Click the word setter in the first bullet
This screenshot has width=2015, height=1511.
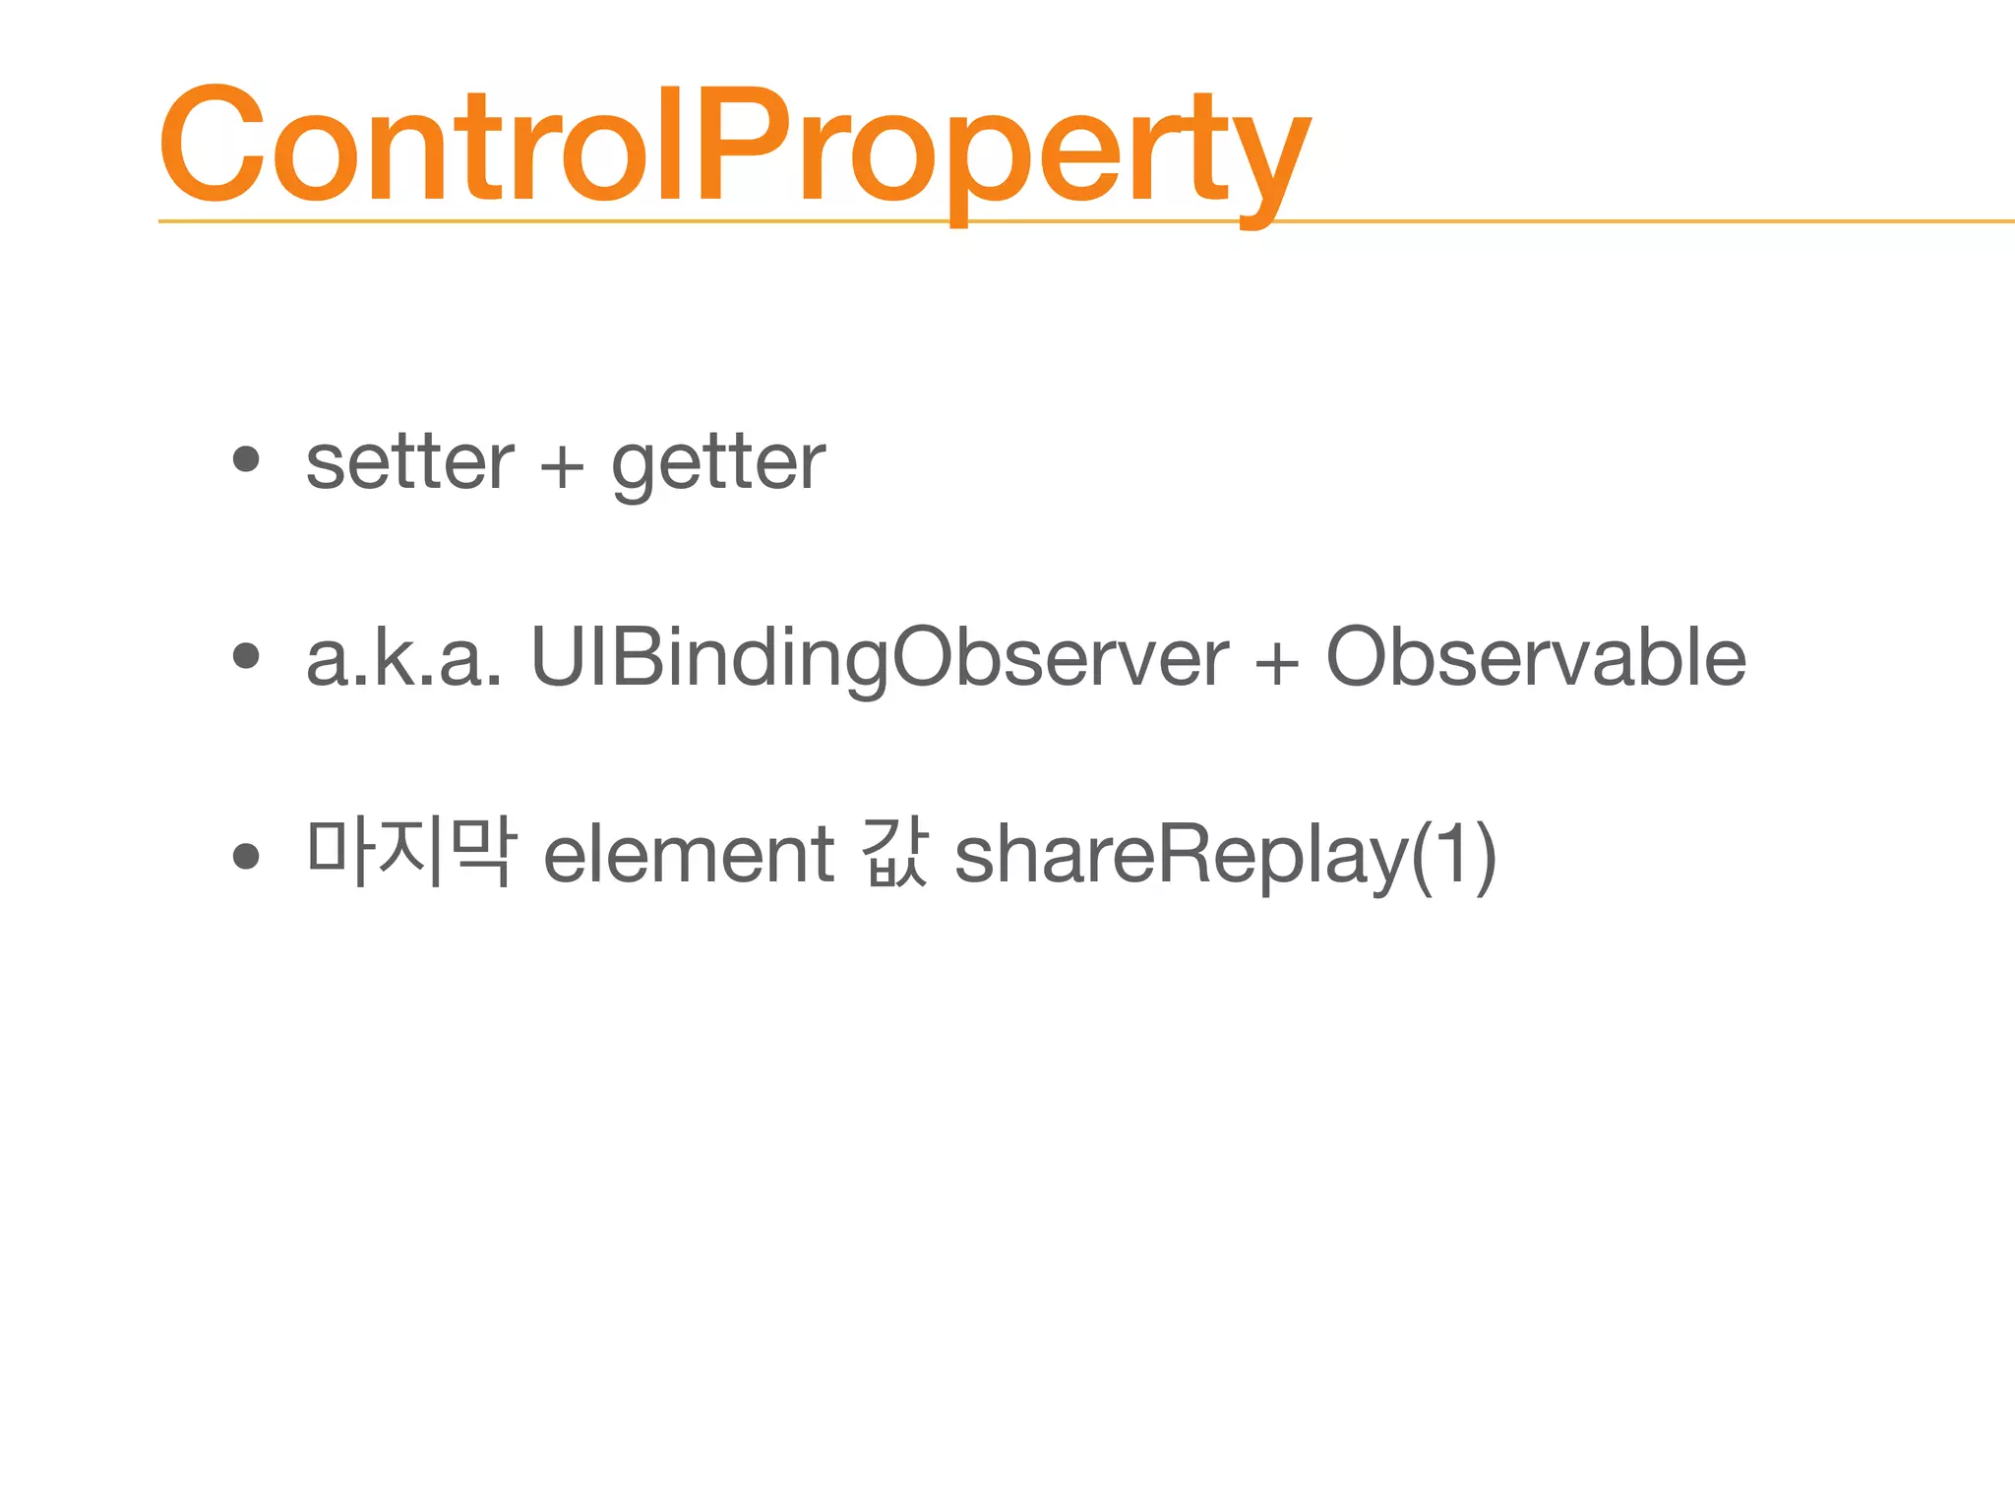(409, 462)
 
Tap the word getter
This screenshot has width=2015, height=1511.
(718, 464)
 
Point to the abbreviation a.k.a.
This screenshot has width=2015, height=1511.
(404, 657)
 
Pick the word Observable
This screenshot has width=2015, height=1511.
(1536, 657)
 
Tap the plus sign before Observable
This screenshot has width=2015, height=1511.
(1276, 662)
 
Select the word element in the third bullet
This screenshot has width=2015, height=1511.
(689, 854)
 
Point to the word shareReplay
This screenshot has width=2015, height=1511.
(1181, 854)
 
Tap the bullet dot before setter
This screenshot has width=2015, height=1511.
(245, 458)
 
